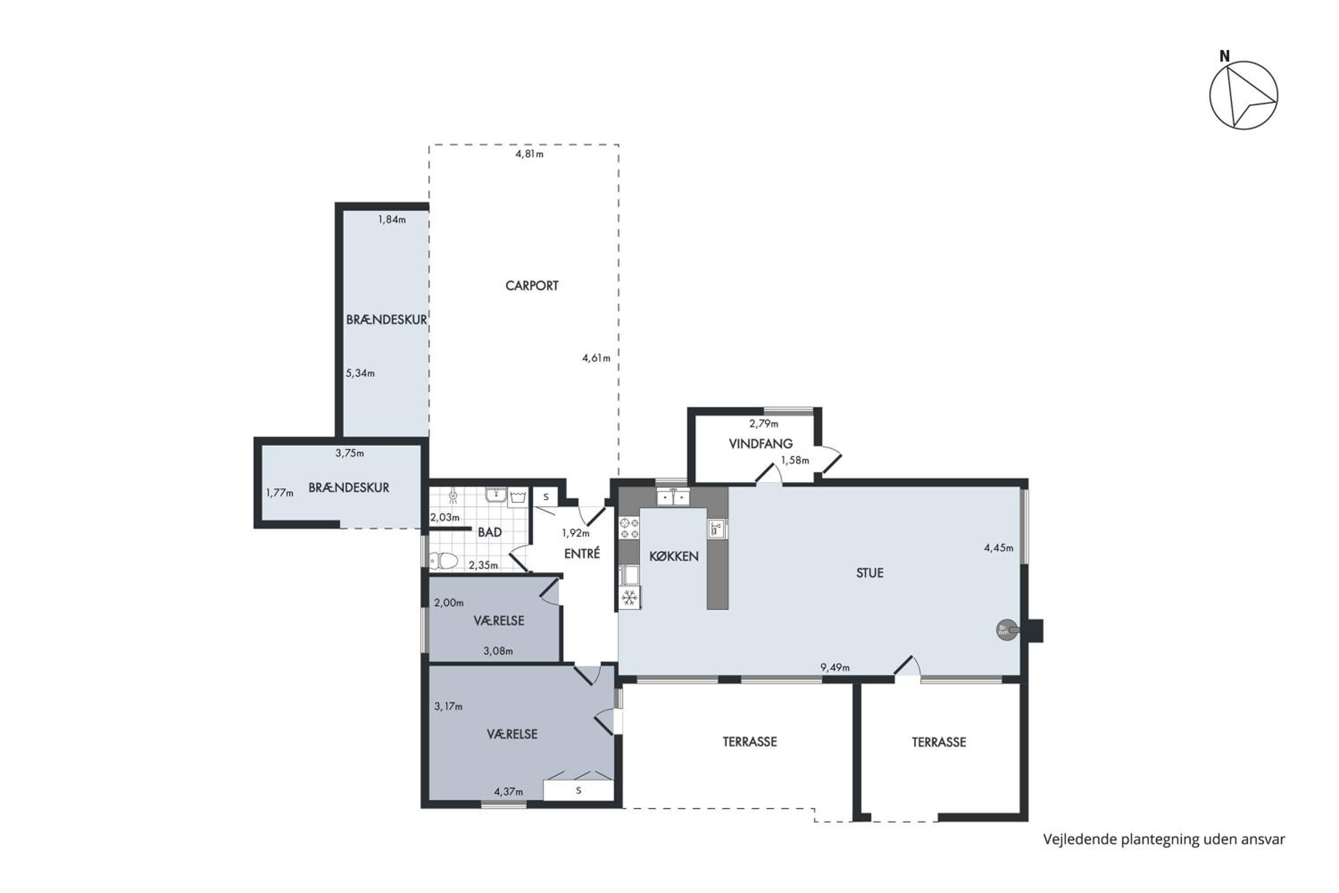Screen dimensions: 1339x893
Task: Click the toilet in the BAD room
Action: click(444, 562)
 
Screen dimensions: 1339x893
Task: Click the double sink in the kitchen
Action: click(673, 497)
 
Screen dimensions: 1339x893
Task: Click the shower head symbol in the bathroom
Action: click(453, 496)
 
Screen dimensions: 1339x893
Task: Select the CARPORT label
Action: click(532, 285)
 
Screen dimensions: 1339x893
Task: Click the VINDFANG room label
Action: click(761, 444)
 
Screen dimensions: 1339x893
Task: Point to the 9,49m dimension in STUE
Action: click(835, 668)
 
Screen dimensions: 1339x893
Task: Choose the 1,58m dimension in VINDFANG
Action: click(795, 460)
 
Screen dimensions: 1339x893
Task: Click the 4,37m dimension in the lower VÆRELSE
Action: click(508, 792)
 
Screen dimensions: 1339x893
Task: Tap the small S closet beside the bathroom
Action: click(545, 497)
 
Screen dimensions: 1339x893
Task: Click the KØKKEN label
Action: click(674, 556)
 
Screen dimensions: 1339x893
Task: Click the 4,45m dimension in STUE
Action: click(998, 548)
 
